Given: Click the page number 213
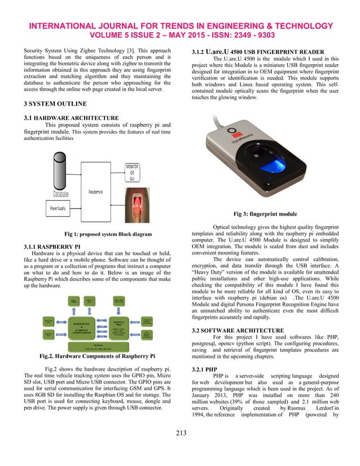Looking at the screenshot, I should click(180, 449).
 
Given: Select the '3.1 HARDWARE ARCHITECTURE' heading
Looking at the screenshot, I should click(65, 117).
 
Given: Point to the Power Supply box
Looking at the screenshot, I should click(58, 209).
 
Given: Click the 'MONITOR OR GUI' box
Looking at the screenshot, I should click(132, 173).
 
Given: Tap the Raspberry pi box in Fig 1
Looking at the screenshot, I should click(95, 192).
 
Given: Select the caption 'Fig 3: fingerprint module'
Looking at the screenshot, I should click(265, 214).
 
